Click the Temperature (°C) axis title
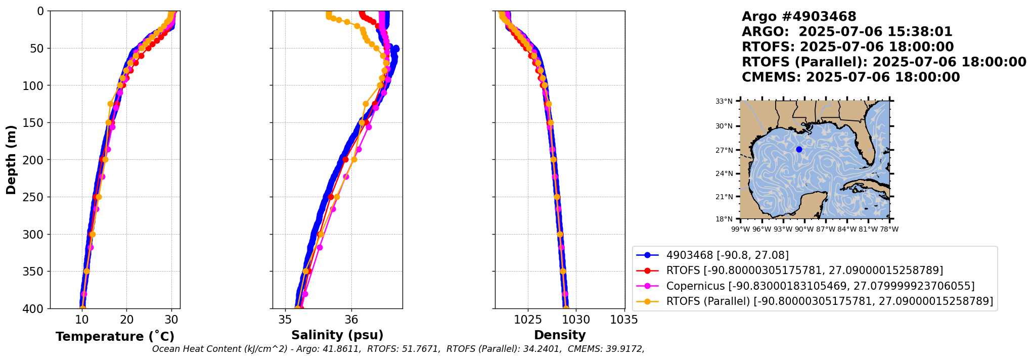(x=115, y=337)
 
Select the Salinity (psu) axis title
(x=337, y=335)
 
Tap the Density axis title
(x=560, y=335)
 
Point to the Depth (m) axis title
(x=11, y=160)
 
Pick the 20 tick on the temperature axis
(x=126, y=320)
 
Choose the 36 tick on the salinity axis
(x=351, y=320)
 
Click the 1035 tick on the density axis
(x=624, y=320)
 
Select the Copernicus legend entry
(x=820, y=286)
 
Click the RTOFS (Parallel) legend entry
(x=829, y=301)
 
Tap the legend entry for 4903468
(x=727, y=255)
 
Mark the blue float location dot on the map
(x=799, y=149)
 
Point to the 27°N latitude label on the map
(x=724, y=150)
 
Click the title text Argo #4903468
(x=799, y=17)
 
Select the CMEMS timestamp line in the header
(x=850, y=77)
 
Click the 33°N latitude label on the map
(x=724, y=101)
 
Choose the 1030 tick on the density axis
(x=576, y=320)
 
